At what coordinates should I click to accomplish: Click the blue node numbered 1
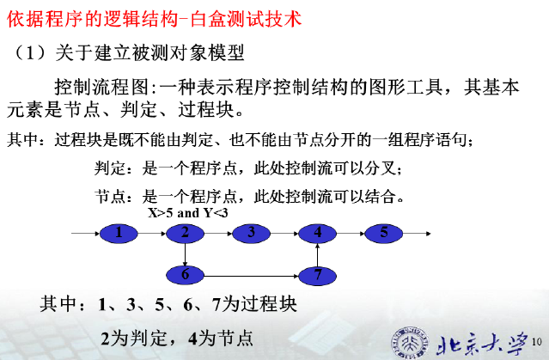tap(119, 233)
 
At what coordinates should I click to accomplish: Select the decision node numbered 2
tap(185, 233)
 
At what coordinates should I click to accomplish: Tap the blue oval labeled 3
tap(251, 233)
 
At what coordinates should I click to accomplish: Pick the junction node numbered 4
tap(317, 233)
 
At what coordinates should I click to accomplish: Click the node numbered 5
tap(384, 233)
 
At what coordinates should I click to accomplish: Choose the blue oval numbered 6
tap(185, 275)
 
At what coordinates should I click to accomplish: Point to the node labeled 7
tap(317, 276)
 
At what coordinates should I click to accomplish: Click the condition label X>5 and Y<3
tap(187, 213)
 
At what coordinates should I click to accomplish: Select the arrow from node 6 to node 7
tap(251, 276)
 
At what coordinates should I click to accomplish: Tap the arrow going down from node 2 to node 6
tap(185, 254)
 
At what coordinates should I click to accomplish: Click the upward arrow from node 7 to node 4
tap(317, 255)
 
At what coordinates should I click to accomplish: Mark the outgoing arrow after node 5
tap(417, 234)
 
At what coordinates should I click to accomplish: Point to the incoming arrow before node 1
tap(86, 234)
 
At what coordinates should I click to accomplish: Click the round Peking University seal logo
tap(410, 342)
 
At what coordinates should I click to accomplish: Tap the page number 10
tap(537, 342)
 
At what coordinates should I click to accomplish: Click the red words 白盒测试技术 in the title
tap(246, 18)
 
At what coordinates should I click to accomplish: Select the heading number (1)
tap(29, 53)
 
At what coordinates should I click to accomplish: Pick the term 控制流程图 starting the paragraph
tap(102, 87)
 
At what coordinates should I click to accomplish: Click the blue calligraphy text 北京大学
tap(482, 343)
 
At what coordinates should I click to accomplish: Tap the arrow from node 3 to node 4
tap(284, 234)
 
